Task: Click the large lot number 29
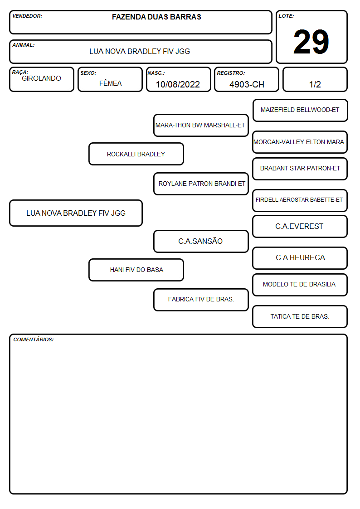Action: click(311, 42)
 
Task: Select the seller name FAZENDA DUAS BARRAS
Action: click(156, 17)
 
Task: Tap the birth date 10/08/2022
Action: click(178, 84)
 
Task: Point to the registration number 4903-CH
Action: click(247, 84)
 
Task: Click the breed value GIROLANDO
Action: click(41, 78)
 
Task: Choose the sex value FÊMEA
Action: click(110, 83)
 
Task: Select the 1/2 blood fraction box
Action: click(315, 79)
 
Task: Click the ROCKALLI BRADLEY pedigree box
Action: click(136, 154)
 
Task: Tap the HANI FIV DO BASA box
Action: click(136, 270)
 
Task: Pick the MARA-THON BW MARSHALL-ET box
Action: click(201, 125)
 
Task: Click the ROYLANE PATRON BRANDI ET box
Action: click(201, 184)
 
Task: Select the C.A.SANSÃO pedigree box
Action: click(201, 241)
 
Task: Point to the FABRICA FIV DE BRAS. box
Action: click(201, 300)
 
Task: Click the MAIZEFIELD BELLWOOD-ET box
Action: click(300, 111)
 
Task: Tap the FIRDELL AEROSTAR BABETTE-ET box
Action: click(300, 200)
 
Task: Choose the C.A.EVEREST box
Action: click(300, 226)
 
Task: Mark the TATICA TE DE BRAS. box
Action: click(300, 316)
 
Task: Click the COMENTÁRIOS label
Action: click(34, 339)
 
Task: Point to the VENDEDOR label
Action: click(27, 16)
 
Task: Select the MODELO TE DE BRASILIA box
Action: click(300, 285)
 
